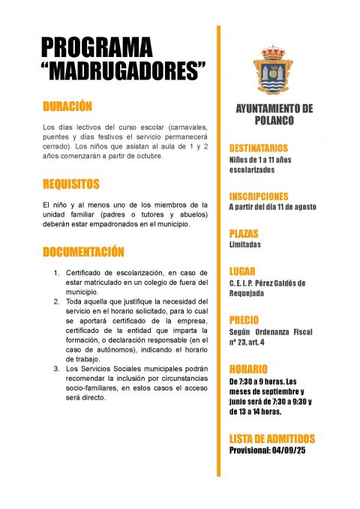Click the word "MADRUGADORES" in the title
point(123,72)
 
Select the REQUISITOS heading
point(71,184)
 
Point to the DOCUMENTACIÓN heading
point(83,251)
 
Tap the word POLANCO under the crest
point(274,120)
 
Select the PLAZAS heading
point(243,233)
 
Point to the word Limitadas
point(245,244)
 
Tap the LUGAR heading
point(242,271)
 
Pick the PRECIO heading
point(244,319)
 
